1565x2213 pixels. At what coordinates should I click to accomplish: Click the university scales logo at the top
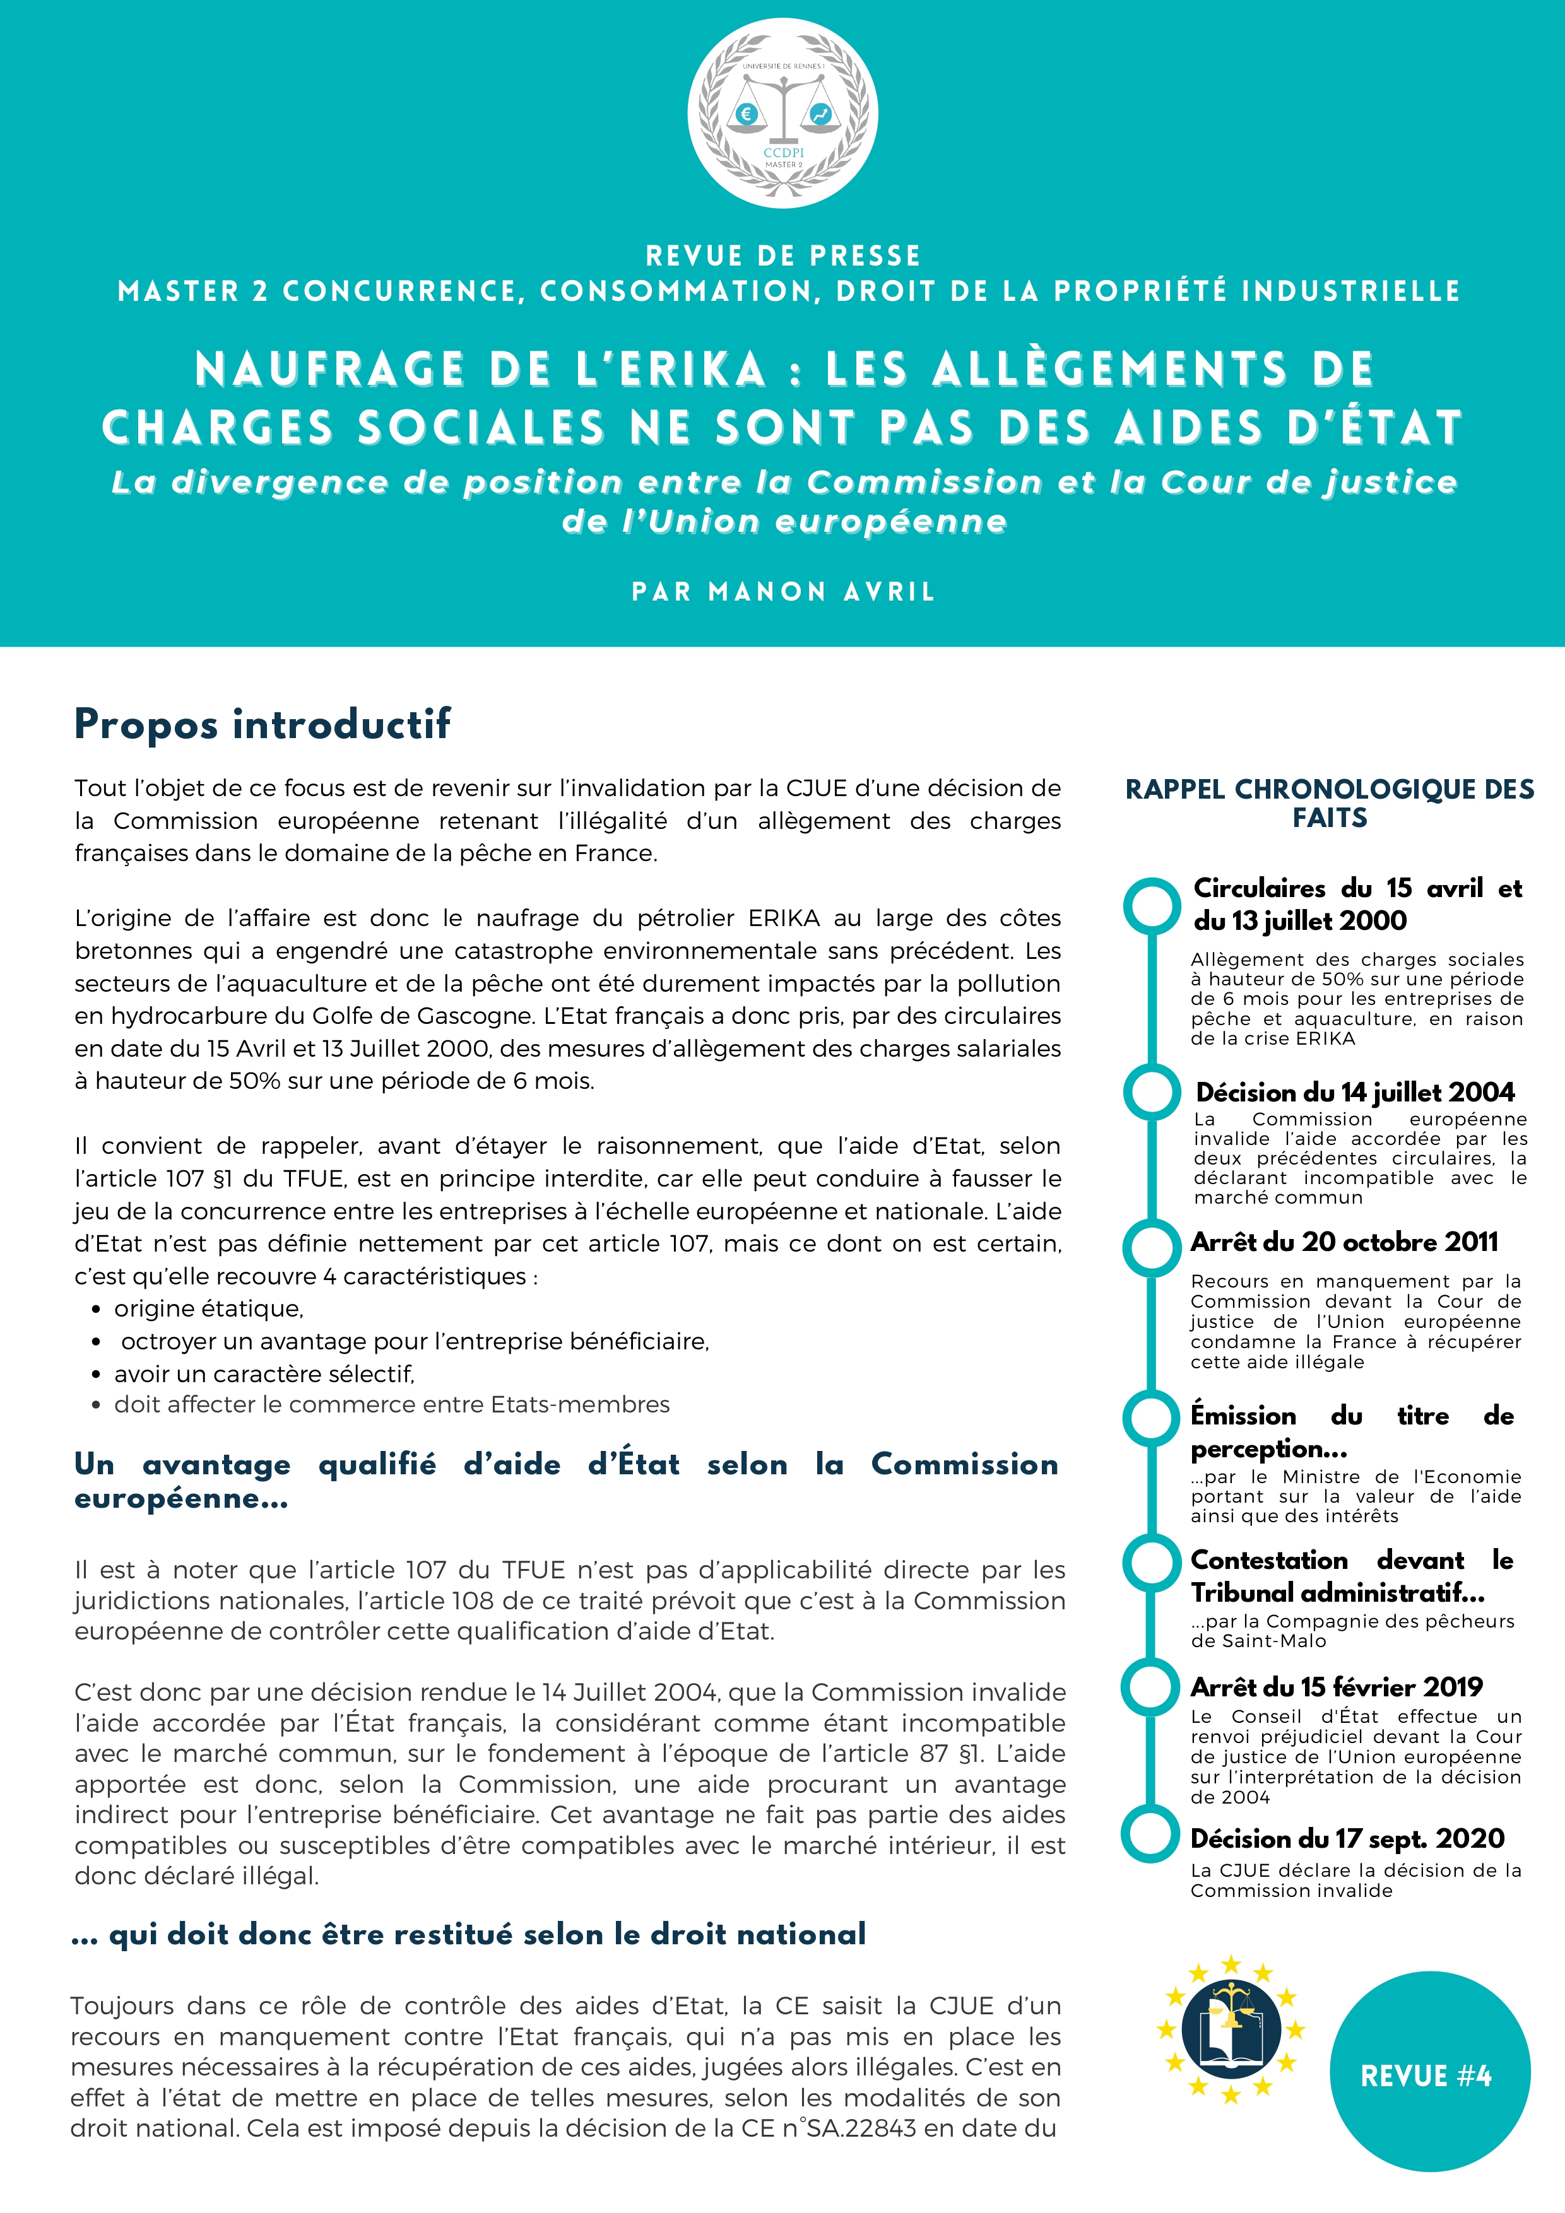(x=782, y=114)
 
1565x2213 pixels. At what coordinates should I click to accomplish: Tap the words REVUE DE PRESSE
(x=782, y=256)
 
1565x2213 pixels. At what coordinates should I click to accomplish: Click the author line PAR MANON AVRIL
(x=782, y=592)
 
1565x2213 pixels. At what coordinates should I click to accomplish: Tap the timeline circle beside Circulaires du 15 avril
(x=1151, y=906)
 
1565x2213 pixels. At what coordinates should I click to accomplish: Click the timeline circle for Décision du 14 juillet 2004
(x=1151, y=1092)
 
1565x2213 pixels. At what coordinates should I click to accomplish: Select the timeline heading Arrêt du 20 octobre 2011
(x=1344, y=1242)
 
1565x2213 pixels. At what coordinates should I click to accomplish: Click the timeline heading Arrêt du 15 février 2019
(x=1337, y=1687)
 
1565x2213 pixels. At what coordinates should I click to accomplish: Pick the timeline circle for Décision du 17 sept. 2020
(x=1151, y=1836)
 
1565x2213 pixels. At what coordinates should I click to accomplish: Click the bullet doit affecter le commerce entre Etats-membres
(x=391, y=1404)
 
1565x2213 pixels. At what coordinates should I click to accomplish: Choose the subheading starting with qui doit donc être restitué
(x=487, y=1934)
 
